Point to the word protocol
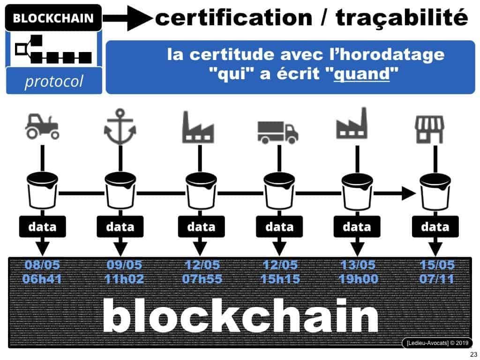[x=53, y=81]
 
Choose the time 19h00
[x=357, y=280]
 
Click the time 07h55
[x=201, y=280]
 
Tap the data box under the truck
[x=279, y=227]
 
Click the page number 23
[x=472, y=354]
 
